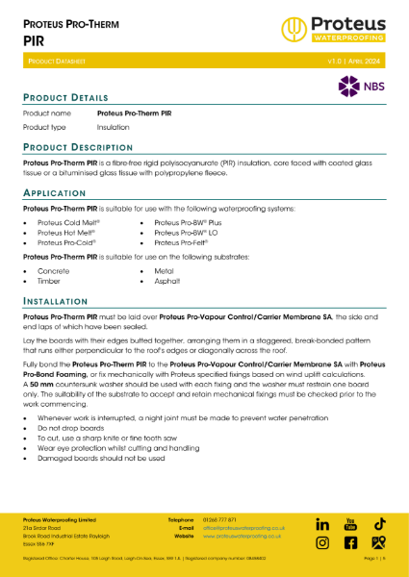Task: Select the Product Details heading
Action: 65,98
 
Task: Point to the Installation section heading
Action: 60,302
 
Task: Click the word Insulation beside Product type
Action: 115,127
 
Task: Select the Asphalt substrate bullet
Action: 168,283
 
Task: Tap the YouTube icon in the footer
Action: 351,524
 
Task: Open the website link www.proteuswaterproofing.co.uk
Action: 241,536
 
